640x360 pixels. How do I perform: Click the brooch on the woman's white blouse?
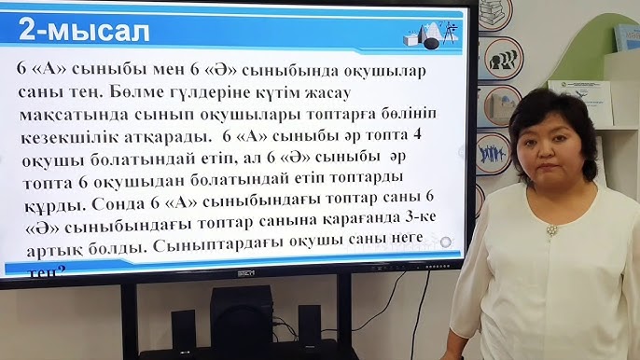point(552,229)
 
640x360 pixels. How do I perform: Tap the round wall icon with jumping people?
point(494,152)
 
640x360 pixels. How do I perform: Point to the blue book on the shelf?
point(626,37)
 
